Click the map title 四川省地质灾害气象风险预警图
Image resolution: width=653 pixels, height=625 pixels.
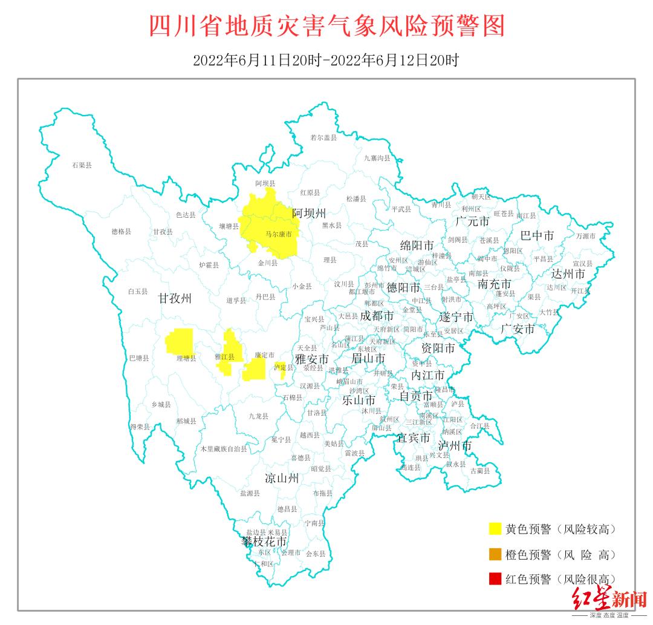point(326,27)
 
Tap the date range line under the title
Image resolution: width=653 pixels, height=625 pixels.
point(326,61)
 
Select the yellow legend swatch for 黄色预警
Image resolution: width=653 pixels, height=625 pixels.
point(495,529)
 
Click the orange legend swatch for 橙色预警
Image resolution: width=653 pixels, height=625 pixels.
point(495,554)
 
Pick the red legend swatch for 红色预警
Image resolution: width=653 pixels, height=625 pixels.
point(495,579)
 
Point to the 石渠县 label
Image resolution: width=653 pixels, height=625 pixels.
point(82,165)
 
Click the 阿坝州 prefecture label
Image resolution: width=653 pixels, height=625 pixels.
point(309,213)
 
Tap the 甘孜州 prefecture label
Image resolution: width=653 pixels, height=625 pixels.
point(175,298)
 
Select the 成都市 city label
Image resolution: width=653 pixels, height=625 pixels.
point(377,316)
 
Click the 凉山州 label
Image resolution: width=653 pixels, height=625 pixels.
point(282,479)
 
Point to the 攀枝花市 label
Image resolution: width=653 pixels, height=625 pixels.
point(264,541)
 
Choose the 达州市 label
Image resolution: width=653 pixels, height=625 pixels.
point(568,273)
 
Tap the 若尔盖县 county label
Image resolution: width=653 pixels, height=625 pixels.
point(323,138)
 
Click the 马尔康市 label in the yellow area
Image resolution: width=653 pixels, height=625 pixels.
point(279,234)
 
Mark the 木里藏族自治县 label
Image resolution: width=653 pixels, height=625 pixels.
point(224,449)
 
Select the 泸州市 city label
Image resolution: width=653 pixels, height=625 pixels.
point(455,445)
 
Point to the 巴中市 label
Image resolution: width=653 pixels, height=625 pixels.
point(537,236)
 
